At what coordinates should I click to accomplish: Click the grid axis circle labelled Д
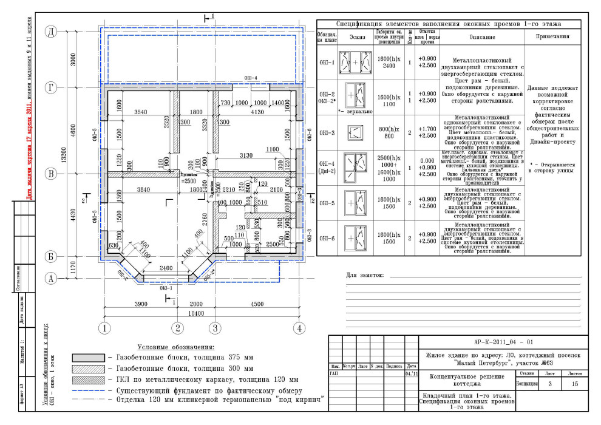[x=52, y=32]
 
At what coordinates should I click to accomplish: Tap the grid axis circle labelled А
[x=52, y=279]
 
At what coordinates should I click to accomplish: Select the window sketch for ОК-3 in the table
[x=353, y=132]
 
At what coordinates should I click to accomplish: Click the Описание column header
[x=482, y=37]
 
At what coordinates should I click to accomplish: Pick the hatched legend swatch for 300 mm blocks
[x=88, y=369]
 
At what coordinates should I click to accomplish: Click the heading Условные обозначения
[x=181, y=347]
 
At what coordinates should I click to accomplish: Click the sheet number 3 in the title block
[x=549, y=384]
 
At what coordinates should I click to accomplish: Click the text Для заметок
[x=365, y=275]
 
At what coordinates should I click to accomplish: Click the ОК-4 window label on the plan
[x=251, y=78]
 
